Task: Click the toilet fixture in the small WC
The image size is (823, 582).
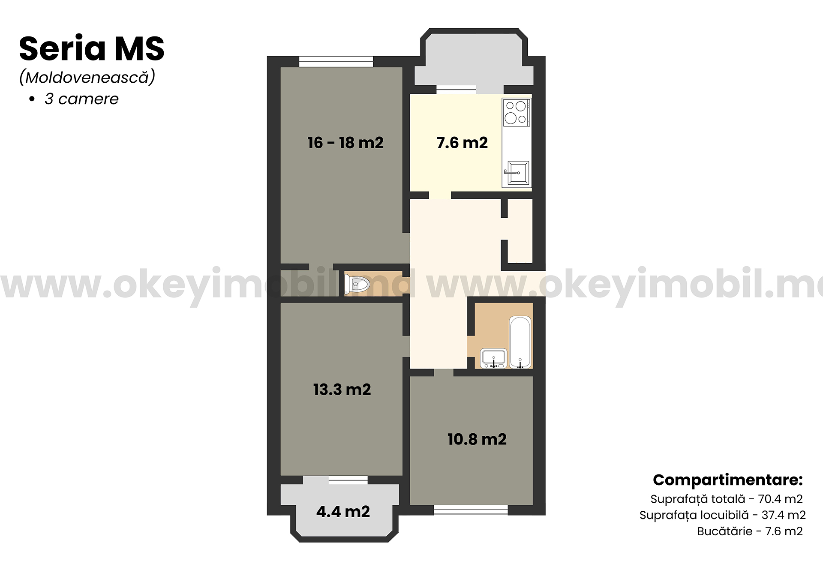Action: point(357,284)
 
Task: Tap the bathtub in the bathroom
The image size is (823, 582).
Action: point(520,342)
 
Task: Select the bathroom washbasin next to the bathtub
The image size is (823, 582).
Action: point(494,358)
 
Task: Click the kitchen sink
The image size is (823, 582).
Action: point(517,173)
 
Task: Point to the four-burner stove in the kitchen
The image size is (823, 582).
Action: point(517,112)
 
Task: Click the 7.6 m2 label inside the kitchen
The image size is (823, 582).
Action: point(462,143)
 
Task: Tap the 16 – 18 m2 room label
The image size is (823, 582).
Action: point(345,143)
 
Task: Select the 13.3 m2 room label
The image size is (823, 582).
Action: point(342,390)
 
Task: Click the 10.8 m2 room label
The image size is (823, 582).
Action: point(477,439)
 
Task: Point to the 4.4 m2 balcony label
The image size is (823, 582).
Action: point(343,512)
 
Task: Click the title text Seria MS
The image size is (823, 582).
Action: point(92,48)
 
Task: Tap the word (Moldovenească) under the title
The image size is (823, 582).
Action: point(87,77)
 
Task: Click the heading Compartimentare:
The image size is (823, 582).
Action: point(728,480)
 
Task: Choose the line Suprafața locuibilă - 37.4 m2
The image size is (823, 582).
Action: point(723,515)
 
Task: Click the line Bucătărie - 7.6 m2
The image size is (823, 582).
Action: point(750,531)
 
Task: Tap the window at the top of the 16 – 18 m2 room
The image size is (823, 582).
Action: point(336,62)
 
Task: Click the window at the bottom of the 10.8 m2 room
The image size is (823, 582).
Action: point(471,510)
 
